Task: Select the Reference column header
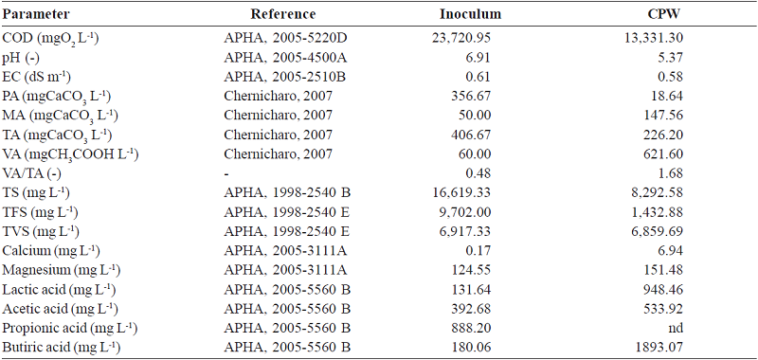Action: [281, 14]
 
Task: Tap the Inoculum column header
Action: [470, 14]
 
